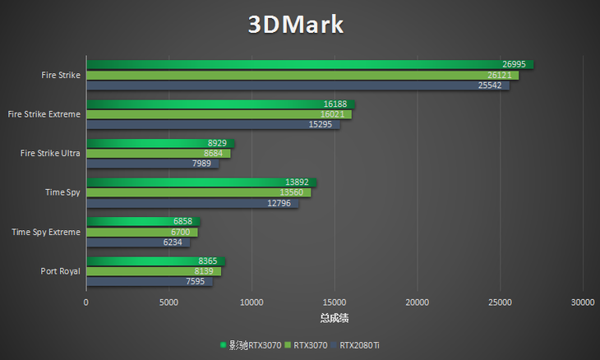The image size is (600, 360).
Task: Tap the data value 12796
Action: click(x=281, y=203)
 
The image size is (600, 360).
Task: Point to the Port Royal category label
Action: click(x=60, y=271)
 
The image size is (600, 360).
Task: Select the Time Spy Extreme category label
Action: click(x=46, y=232)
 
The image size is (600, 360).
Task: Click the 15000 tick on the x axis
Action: click(x=335, y=302)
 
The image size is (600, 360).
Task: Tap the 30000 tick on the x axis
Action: click(x=582, y=302)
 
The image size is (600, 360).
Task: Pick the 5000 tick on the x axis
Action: click(x=168, y=302)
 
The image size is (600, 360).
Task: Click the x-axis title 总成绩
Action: click(x=334, y=318)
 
